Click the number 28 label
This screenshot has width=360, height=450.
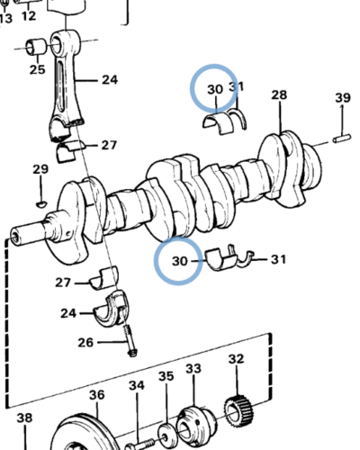click(279, 95)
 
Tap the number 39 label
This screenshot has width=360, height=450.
click(342, 97)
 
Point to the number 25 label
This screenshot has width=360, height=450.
click(37, 69)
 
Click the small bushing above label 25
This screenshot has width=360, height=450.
click(39, 44)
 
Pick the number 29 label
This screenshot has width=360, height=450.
click(40, 169)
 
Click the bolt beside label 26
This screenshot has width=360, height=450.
click(131, 343)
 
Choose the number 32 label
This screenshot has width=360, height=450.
click(236, 359)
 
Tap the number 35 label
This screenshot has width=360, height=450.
click(166, 376)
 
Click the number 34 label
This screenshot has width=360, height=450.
click(136, 386)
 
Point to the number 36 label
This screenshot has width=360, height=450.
click(96, 394)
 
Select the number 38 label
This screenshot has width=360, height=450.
click(24, 418)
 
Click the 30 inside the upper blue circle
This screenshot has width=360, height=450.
click(214, 89)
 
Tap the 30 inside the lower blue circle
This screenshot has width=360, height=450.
click(178, 262)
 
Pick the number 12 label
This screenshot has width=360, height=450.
click(29, 16)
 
